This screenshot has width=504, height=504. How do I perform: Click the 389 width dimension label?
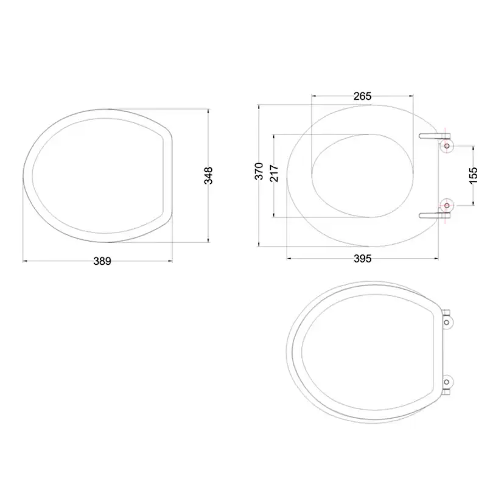102,261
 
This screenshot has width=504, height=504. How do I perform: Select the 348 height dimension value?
209,175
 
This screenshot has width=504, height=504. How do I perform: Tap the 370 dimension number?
259,170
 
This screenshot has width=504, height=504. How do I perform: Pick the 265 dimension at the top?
362,96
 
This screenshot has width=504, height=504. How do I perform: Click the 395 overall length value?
362,258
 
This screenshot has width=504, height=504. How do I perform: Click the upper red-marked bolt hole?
447,146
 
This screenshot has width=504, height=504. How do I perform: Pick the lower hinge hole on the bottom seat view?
449,383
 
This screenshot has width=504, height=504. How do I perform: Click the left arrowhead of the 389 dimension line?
24,261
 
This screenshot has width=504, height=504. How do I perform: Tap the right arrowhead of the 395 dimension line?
436,258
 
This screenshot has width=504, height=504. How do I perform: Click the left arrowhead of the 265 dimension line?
313,96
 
